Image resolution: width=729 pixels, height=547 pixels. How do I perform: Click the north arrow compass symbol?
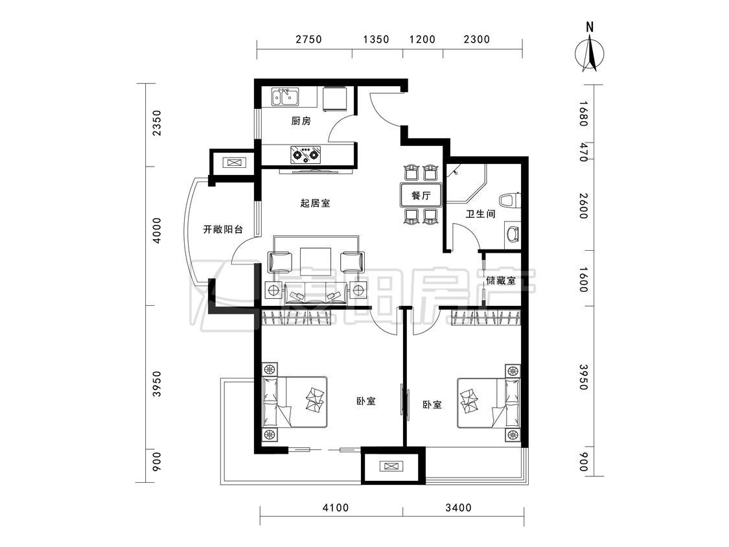point(590,52)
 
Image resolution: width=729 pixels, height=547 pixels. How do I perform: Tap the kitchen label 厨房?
point(301,121)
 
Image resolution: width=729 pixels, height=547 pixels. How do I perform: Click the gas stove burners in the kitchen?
point(305,154)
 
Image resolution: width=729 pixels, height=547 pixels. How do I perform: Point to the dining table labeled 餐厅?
point(421,195)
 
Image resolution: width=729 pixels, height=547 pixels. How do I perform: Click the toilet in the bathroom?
point(510,200)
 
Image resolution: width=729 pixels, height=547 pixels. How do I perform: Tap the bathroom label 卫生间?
point(480,214)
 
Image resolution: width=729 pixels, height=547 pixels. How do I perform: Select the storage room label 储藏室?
point(501,281)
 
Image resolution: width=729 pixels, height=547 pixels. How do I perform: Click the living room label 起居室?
point(315,204)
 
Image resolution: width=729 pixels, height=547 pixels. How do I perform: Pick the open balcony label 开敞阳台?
point(223,229)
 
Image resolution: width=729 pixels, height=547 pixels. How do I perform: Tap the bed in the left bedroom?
point(295,402)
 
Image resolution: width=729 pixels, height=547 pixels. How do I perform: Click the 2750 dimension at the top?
point(308,40)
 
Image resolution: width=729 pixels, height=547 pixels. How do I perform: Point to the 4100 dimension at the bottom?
point(336,507)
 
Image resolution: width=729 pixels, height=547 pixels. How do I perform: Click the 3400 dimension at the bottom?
point(458,507)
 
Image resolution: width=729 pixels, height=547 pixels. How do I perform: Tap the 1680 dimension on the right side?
point(583,114)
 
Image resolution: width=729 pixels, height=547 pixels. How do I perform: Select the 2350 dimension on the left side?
point(157,122)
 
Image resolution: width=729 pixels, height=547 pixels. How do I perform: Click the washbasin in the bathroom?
point(513,233)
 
